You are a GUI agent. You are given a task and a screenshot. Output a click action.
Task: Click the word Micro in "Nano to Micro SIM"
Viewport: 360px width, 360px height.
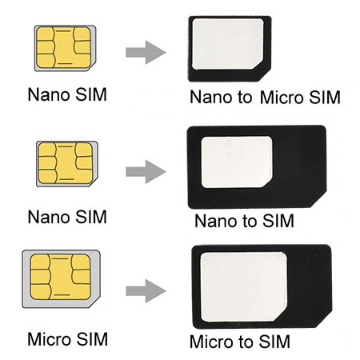tap(282, 98)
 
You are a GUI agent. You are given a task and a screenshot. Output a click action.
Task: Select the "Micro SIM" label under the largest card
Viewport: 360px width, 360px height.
tap(68, 339)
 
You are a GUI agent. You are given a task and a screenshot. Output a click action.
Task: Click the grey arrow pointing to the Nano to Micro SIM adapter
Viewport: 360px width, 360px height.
tap(146, 52)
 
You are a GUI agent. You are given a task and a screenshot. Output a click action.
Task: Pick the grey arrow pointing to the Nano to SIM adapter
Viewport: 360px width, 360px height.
tap(146, 171)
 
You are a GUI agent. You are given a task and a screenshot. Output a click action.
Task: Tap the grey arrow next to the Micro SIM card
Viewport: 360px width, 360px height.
tap(146, 291)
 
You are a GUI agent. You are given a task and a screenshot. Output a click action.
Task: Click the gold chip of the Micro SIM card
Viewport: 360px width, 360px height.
tap(61, 277)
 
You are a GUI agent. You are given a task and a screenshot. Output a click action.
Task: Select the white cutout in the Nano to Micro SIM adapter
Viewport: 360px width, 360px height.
tap(228, 44)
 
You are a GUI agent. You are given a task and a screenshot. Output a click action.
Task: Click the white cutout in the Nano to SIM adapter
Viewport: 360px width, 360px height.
tap(237, 162)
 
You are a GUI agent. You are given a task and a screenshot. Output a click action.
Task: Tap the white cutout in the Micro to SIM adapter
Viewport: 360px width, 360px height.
tap(243, 286)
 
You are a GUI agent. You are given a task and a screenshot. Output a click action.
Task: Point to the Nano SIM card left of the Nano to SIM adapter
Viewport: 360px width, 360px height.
tap(67, 164)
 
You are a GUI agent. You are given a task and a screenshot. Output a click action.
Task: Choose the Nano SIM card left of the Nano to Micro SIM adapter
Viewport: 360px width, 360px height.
tap(65, 48)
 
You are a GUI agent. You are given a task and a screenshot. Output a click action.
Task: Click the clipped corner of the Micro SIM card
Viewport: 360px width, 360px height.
tap(95, 302)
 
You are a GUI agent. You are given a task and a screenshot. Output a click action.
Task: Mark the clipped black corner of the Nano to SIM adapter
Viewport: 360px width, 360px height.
tap(318, 200)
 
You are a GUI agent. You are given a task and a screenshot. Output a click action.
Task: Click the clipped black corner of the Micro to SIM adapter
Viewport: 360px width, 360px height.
tap(324, 319)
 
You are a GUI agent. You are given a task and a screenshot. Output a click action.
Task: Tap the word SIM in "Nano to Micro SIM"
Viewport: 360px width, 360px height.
tap(325, 98)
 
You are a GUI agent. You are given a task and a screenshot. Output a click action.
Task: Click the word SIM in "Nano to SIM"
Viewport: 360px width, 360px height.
tap(278, 221)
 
